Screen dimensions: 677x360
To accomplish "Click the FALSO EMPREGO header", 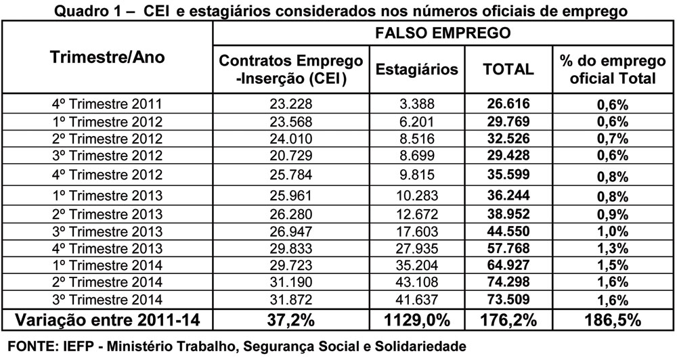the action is click(x=443, y=33).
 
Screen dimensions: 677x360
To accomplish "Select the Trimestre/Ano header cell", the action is click(x=108, y=57).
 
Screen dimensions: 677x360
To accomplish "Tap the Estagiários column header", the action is click(x=416, y=69).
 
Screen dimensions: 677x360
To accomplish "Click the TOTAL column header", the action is click(x=508, y=69).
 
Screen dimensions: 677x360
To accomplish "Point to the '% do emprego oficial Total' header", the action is click(x=613, y=69).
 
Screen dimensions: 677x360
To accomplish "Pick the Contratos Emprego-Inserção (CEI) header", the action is click(x=291, y=69).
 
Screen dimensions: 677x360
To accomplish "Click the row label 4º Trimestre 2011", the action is click(x=107, y=104).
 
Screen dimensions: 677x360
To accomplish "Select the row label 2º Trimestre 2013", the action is click(x=107, y=214).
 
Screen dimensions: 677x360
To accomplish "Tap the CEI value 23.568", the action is click(x=291, y=122).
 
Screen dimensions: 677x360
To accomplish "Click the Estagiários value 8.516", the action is click(x=416, y=139).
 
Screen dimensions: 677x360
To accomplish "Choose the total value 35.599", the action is click(x=508, y=174).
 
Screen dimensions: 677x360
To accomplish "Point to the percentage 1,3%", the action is click(x=613, y=248).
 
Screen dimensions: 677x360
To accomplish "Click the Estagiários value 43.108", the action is click(x=416, y=282).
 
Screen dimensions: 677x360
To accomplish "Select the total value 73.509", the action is click(x=508, y=298).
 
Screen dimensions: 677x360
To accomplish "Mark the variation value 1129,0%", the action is click(x=416, y=321).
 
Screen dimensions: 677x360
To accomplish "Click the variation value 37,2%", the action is click(x=291, y=321).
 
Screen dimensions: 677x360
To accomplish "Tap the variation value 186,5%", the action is click(x=613, y=321).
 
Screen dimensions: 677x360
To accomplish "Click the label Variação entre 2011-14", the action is click(x=108, y=320).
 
